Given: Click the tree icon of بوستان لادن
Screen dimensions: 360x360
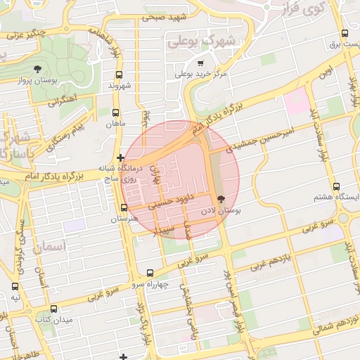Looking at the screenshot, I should click(x=222, y=199).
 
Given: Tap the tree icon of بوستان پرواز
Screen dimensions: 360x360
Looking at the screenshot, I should click(x=37, y=69).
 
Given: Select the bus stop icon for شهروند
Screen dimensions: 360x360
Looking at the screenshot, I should click(x=118, y=75).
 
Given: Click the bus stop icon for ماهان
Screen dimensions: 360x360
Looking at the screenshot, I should click(x=116, y=112).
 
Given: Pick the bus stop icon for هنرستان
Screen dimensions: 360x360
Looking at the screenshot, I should click(x=124, y=208).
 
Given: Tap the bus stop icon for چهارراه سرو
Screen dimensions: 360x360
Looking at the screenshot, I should click(x=150, y=273).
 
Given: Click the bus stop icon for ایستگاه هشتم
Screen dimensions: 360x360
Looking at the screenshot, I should click(x=336, y=187).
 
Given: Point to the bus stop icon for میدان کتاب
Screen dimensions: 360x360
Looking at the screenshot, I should click(x=55, y=309).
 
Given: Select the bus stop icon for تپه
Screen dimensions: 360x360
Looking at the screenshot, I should click(x=15, y=287).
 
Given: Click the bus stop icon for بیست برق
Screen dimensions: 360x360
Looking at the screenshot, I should click(x=345, y=33).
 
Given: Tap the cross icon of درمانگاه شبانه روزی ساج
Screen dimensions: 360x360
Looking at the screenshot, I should click(x=122, y=158).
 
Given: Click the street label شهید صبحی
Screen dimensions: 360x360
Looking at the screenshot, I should click(x=167, y=17).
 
